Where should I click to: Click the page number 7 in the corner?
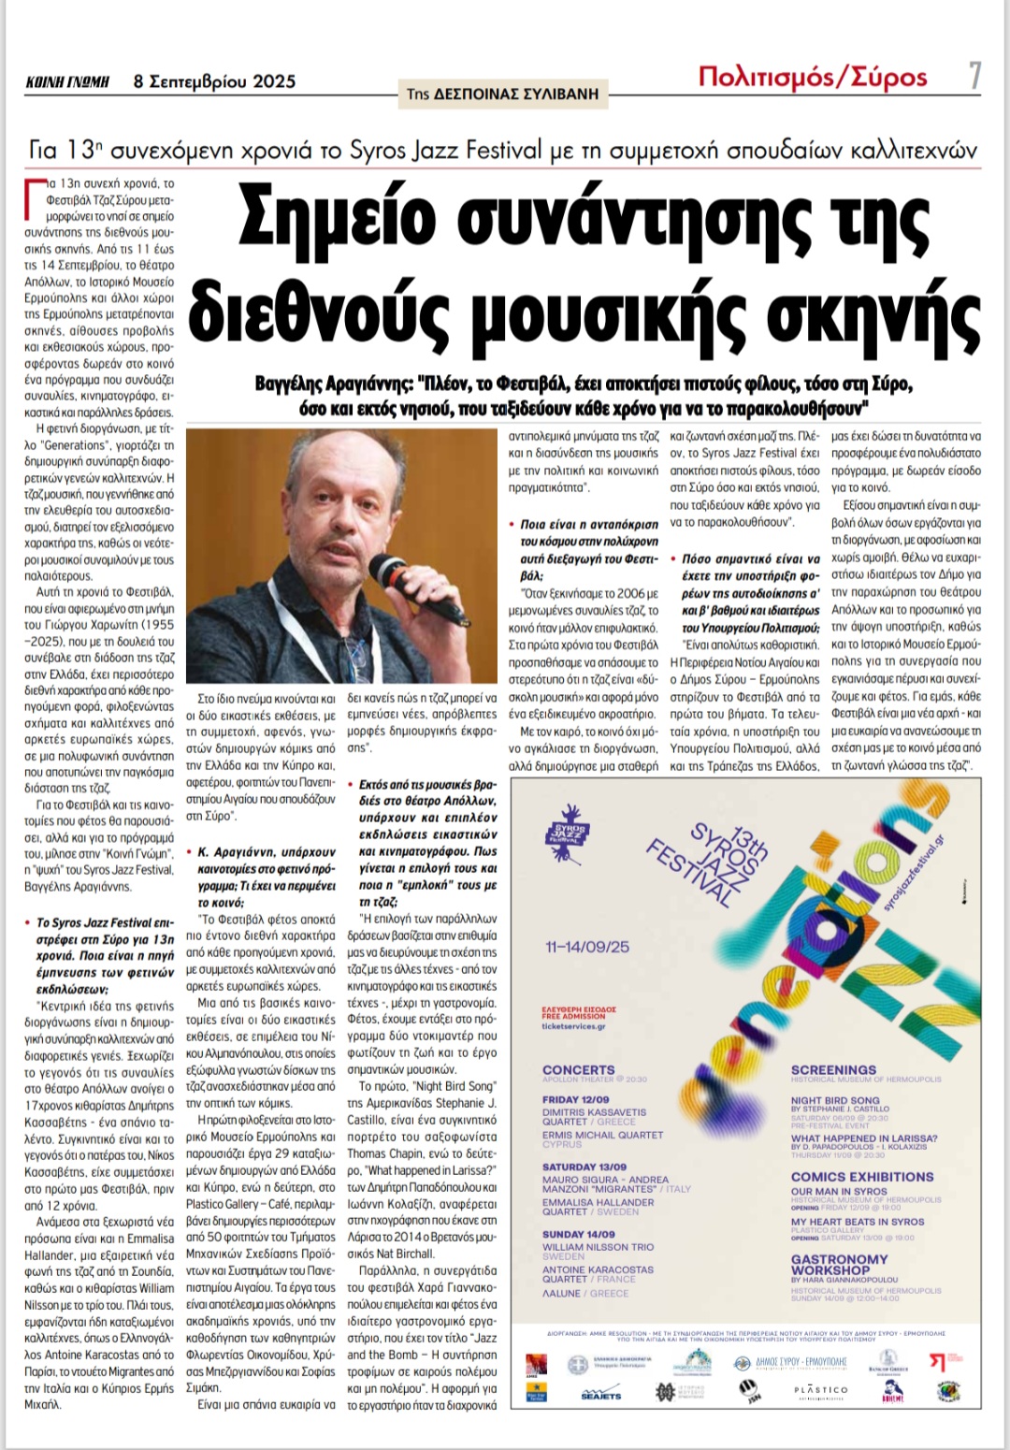974,76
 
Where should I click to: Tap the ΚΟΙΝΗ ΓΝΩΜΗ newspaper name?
67,82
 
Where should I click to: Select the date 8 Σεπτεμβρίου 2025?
214,81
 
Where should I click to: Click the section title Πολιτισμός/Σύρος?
813,77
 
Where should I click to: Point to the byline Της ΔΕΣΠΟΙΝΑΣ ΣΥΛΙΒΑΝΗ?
502,94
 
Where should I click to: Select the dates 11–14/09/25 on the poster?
587,947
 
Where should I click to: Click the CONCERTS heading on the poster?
579,1069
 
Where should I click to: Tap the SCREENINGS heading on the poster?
833,1069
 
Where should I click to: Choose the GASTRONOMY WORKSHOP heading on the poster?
839,1265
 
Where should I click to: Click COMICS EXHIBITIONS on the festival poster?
862,1177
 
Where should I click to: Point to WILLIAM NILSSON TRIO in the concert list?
598,1247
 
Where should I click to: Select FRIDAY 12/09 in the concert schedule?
575,1099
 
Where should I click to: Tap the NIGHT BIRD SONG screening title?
835,1100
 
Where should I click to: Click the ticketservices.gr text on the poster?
573,1026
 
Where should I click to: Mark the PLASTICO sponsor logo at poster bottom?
820,1390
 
